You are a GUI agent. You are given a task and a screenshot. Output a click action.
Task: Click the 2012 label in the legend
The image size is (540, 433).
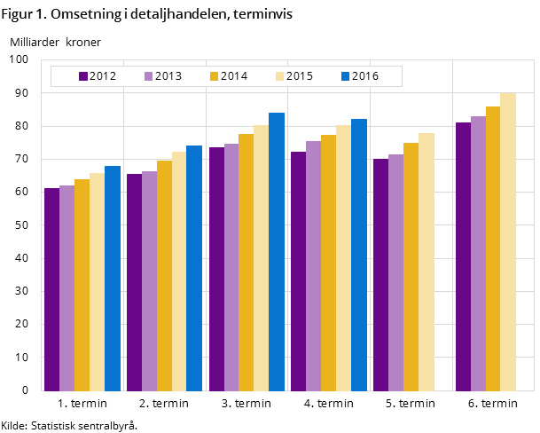[103, 76]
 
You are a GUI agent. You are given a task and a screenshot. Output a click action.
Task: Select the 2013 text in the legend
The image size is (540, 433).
[168, 76]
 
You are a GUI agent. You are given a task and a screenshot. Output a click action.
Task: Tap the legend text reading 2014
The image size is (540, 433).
[234, 76]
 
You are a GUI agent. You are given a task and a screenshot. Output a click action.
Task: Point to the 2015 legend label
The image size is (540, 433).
[300, 76]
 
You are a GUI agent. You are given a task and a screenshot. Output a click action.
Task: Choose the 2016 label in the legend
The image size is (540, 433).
[365, 76]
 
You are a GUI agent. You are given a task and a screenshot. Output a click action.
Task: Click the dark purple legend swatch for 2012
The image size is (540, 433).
[83, 76]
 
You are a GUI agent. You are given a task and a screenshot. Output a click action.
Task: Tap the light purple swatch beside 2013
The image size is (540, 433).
[149, 76]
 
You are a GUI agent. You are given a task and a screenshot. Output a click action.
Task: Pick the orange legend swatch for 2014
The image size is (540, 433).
[215, 76]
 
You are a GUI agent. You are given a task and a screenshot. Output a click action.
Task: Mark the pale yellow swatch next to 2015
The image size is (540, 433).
[280, 76]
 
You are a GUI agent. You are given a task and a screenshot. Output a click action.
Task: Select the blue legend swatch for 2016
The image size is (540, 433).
[346, 76]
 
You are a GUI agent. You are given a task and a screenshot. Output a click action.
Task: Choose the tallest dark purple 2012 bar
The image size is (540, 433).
[463, 256]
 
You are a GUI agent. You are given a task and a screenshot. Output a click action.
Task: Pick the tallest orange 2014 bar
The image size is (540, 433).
[493, 248]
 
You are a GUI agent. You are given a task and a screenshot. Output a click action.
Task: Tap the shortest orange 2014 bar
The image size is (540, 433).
[82, 285]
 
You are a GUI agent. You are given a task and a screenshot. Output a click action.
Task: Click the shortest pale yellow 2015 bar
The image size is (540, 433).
[97, 281]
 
